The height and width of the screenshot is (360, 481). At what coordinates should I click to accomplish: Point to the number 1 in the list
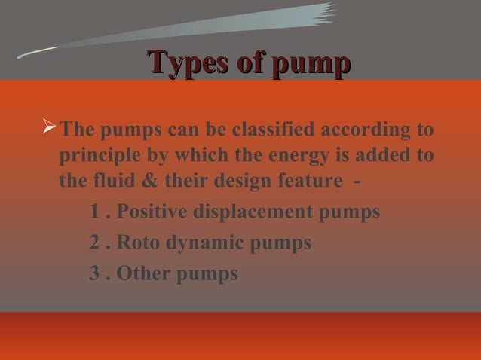(94, 213)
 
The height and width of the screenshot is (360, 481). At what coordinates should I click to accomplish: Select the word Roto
(137, 243)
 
